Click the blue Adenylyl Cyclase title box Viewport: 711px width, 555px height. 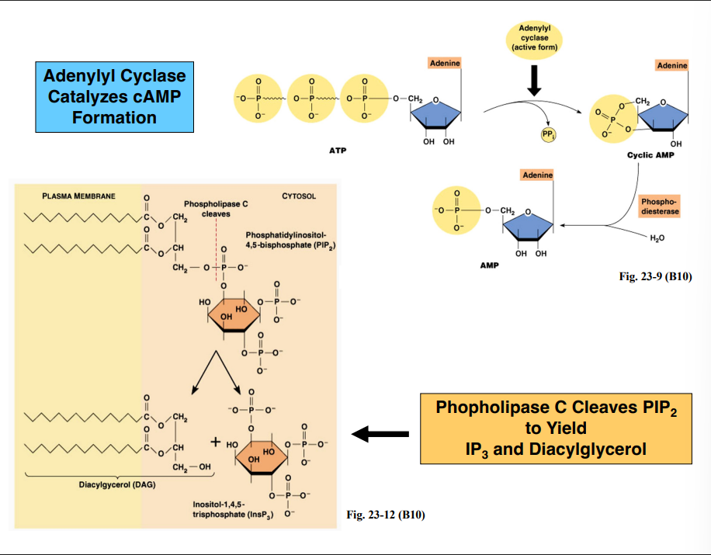pyautogui.click(x=114, y=97)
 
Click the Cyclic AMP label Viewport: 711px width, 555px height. pyautogui.click(x=650, y=155)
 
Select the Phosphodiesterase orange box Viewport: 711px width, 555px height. pyautogui.click(x=660, y=206)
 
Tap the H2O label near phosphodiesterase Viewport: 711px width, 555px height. pyautogui.click(x=657, y=238)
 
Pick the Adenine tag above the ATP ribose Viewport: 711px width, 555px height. pyautogui.click(x=445, y=62)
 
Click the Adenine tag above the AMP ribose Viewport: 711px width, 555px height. pyautogui.click(x=537, y=175)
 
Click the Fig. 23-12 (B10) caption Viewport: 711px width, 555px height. pyautogui.click(x=385, y=515)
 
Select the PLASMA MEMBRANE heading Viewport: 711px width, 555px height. pyautogui.click(x=78, y=196)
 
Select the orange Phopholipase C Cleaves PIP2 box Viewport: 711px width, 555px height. pyautogui.click(x=556, y=428)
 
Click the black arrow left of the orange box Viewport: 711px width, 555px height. pyautogui.click(x=380, y=432)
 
